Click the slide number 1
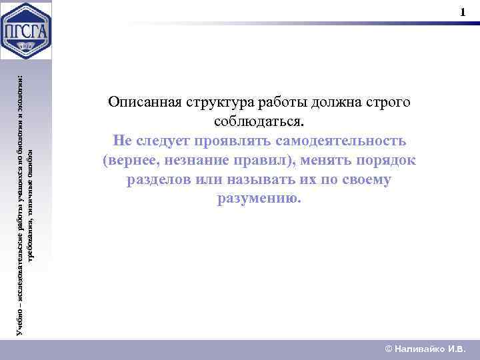[463, 13]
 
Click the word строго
[389, 103]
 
